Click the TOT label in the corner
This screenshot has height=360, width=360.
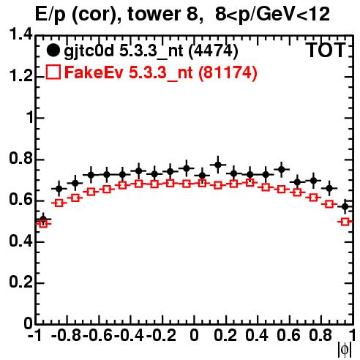pyautogui.click(x=326, y=50)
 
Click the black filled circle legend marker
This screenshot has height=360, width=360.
pyautogui.click(x=53, y=50)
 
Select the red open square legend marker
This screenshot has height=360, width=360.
pyautogui.click(x=53, y=72)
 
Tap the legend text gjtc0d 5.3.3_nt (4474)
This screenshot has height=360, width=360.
pyautogui.click(x=151, y=51)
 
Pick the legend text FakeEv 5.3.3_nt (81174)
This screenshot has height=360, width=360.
pyautogui.click(x=161, y=72)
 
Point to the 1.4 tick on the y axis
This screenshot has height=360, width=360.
pyautogui.click(x=20, y=35)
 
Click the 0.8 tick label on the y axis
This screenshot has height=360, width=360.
pyautogui.click(x=20, y=158)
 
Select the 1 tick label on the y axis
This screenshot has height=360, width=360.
pyautogui.click(x=29, y=117)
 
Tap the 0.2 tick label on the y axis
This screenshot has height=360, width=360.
pyautogui.click(x=20, y=282)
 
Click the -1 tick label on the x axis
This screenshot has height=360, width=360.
pyautogui.click(x=35, y=335)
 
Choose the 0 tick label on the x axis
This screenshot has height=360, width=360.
pyautogui.click(x=194, y=335)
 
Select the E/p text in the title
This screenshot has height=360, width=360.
pyautogui.click(x=50, y=15)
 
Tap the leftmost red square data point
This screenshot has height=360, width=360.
pyautogui.click(x=43, y=223)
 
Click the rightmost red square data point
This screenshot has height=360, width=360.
pyautogui.click(x=345, y=222)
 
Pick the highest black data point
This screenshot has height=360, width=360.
pyautogui.click(x=218, y=165)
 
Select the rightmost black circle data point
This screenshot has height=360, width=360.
pyautogui.click(x=345, y=206)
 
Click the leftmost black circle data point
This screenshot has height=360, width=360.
pyautogui.click(x=43, y=220)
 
